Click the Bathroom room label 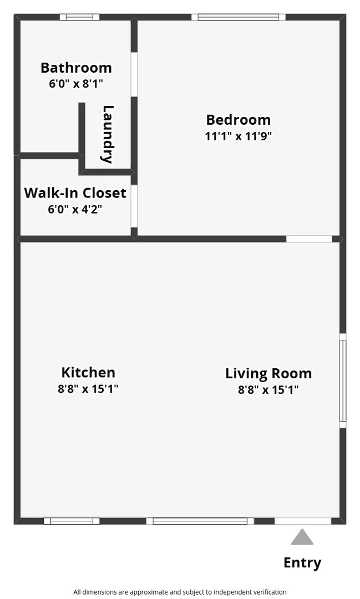tap(76, 68)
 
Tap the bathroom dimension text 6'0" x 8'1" tap(76, 83)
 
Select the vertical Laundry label tap(108, 134)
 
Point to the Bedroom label tap(239, 120)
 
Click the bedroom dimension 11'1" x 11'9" tap(239, 136)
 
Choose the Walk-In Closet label tap(75, 192)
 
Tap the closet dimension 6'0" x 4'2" tap(75, 209)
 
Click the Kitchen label tap(88, 372)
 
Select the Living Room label tap(268, 373)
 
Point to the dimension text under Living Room tap(268, 390)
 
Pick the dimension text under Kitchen tap(88, 389)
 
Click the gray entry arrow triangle tap(302, 537)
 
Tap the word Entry tap(302, 563)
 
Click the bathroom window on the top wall tap(79, 17)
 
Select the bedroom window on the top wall tap(239, 17)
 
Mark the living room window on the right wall tap(343, 380)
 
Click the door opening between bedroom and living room tap(309, 238)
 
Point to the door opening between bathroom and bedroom tap(134, 74)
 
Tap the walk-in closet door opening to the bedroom tap(134, 206)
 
